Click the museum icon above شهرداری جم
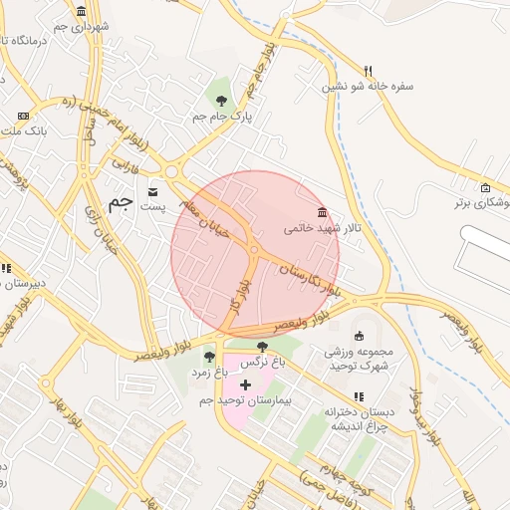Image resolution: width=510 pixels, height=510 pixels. coord(80,12)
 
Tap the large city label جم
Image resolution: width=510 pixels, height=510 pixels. coord(120,202)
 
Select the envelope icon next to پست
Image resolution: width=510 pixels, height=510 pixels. coord(152,190)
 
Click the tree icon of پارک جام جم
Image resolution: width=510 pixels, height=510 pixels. coord(221,100)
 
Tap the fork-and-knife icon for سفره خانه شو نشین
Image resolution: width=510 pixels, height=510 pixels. coord(369,71)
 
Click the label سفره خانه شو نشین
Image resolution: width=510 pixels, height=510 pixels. coord(367,87)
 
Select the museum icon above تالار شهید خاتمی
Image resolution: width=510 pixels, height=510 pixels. coord(321,212)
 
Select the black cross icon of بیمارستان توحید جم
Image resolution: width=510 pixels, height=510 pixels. coord(245,384)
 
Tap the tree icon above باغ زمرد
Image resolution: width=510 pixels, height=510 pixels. coord(209,357)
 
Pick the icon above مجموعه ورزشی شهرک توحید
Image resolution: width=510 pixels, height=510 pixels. coord(359,336)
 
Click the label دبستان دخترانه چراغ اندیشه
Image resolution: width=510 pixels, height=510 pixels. coord(360,417)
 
